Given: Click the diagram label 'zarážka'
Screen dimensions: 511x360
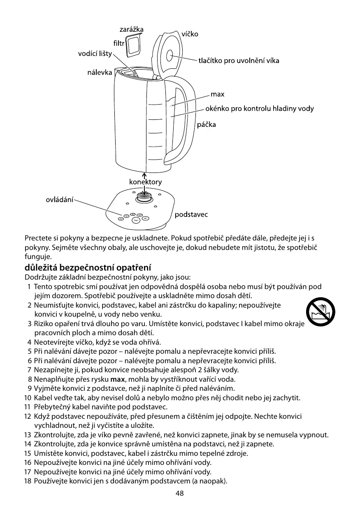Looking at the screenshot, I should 131,30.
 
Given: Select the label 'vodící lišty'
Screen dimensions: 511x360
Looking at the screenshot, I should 95,54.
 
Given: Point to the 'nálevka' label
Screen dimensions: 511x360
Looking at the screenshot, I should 100,72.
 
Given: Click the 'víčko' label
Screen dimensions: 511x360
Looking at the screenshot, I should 190,34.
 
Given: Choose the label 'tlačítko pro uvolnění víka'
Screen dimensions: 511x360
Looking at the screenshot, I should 239,61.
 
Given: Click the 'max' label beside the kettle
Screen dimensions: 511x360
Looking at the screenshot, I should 217,94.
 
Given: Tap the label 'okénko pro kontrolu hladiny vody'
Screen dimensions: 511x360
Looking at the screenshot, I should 259,109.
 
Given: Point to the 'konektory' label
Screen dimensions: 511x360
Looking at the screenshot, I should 145,182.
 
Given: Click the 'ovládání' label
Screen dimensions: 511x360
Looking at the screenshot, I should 59,200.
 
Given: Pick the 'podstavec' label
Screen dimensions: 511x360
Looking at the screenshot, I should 191,214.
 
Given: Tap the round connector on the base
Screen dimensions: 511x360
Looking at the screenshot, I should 144,196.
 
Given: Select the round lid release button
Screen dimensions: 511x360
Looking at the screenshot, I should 170,56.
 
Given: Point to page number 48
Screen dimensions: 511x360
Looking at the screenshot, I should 179,494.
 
